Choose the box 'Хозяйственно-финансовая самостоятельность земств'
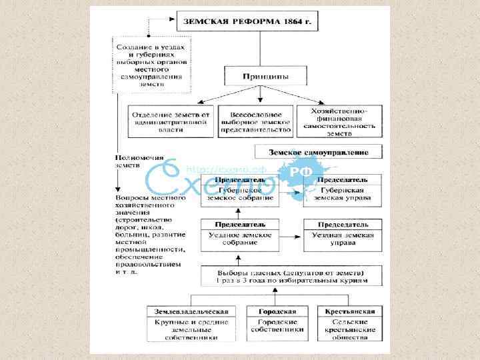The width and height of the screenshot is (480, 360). [341, 121]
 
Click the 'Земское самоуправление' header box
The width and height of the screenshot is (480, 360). [319, 153]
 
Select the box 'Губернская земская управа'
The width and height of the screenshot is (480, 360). [343, 194]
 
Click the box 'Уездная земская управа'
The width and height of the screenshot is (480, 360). [343, 239]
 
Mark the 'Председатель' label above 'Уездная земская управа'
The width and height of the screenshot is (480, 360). [343, 225]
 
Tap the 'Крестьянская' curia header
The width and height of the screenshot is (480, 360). [350, 311]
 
